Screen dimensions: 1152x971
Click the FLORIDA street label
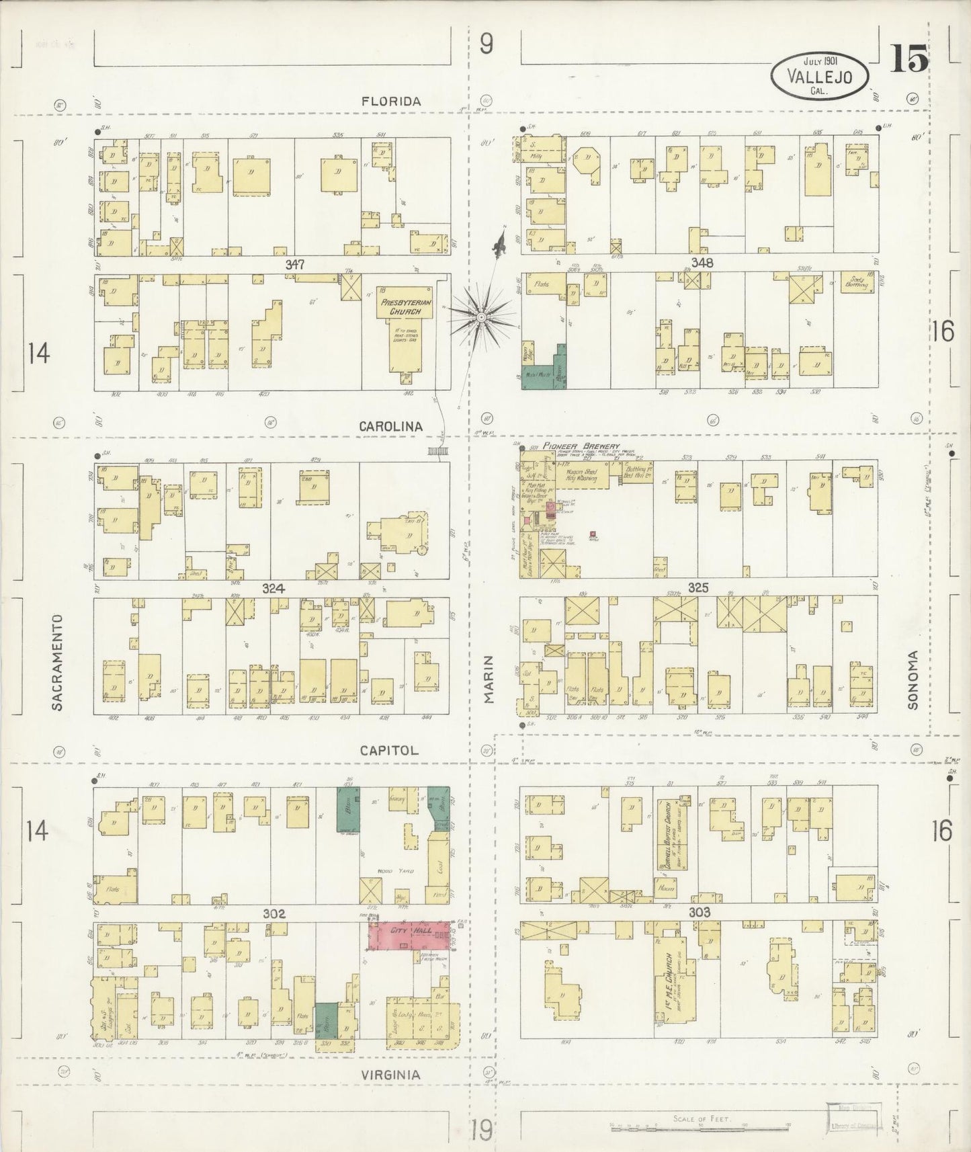coord(390,101)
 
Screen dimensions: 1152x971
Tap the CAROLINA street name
coord(390,426)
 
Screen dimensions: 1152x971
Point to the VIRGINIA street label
coord(390,1075)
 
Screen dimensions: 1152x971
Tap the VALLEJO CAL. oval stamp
coord(818,77)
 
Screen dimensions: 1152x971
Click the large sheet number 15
coord(909,59)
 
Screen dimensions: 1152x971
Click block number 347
coord(294,265)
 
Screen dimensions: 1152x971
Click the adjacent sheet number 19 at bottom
coord(481,1130)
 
